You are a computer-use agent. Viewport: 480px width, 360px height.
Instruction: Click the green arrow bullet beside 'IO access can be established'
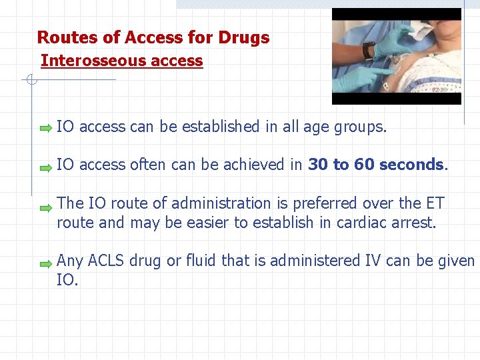coord(45,127)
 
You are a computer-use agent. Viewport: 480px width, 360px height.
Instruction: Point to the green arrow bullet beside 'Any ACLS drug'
coord(45,264)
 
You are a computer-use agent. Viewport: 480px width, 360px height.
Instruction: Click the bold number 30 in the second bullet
coord(319,165)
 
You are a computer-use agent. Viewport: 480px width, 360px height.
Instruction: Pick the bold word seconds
coord(411,165)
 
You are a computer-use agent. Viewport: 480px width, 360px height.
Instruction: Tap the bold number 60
coord(364,165)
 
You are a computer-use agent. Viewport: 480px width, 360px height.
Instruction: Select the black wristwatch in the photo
coord(368,50)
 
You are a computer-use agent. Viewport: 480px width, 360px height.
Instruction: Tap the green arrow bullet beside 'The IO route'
coord(45,207)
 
